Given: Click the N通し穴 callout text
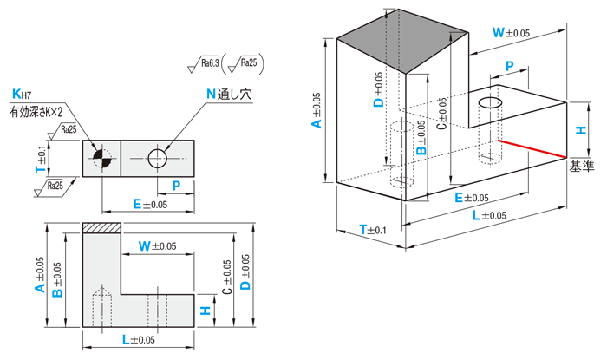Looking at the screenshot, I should [x=228, y=94].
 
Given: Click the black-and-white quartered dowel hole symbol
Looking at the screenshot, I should [x=102, y=158].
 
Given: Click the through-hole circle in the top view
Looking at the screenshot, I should [x=157, y=159].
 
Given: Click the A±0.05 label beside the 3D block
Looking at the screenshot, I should [x=317, y=111].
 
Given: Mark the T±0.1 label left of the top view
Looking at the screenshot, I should [x=40, y=158].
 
